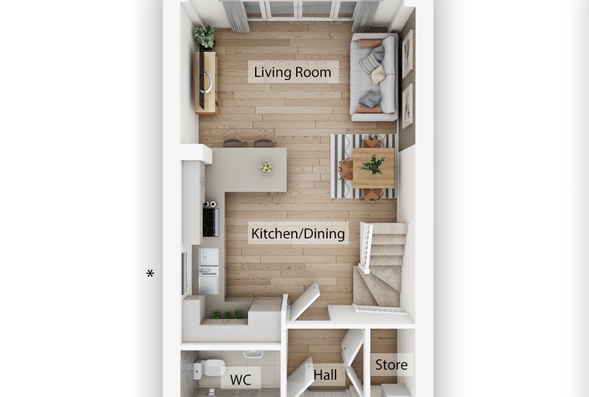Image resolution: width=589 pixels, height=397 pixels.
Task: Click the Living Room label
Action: [293, 72]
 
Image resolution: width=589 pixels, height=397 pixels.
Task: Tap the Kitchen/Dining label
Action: [298, 233]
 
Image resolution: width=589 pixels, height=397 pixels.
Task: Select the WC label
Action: [240, 380]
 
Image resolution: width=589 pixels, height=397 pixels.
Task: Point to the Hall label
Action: [325, 375]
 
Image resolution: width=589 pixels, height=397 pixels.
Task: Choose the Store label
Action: [391, 364]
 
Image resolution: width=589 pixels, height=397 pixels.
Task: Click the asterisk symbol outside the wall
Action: [150, 273]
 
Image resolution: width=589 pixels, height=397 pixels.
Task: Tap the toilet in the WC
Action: [208, 368]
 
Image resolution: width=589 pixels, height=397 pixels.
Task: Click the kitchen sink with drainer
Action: [208, 271]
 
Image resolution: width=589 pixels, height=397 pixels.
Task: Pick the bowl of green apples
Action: [266, 167]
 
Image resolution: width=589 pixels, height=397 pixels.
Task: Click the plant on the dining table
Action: [373, 164]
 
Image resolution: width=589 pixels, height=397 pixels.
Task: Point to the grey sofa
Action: [374, 77]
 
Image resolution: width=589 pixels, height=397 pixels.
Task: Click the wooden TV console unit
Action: [206, 82]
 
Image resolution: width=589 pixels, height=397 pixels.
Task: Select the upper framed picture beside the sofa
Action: [408, 54]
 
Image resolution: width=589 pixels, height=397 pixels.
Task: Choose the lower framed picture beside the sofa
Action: [408, 106]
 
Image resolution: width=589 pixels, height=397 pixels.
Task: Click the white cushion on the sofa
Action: [378, 74]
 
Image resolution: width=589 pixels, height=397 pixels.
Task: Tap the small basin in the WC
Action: [253, 354]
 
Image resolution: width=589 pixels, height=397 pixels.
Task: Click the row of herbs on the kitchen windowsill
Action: [228, 314]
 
